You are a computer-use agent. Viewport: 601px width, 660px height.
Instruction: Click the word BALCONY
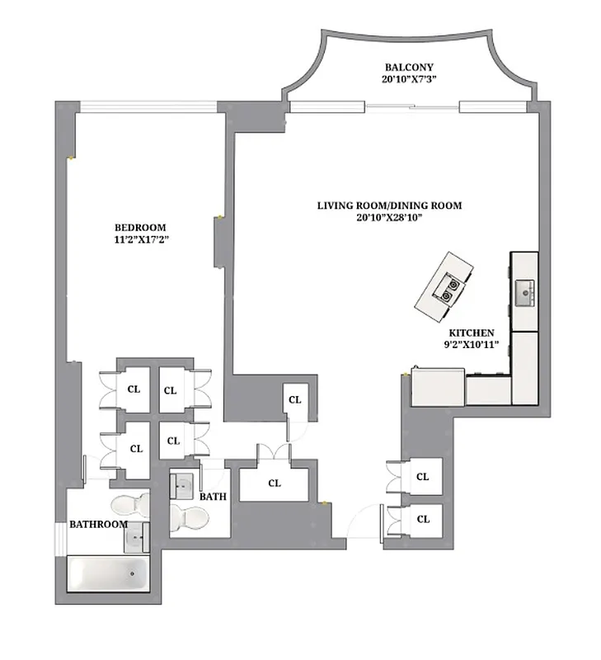pyautogui.click(x=408, y=67)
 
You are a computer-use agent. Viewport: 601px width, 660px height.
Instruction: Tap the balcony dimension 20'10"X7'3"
pyautogui.click(x=408, y=80)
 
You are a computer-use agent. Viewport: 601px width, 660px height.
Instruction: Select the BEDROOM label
pyautogui.click(x=139, y=228)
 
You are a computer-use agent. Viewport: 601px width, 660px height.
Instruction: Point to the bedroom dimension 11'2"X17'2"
pyautogui.click(x=139, y=240)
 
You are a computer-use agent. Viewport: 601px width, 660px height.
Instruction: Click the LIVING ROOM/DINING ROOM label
pyautogui.click(x=390, y=205)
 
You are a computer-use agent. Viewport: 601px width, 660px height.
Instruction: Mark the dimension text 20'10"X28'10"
pyautogui.click(x=390, y=218)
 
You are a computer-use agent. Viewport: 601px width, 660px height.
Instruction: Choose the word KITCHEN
pyautogui.click(x=471, y=332)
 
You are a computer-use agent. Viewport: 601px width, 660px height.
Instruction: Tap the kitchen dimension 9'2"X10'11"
pyautogui.click(x=471, y=346)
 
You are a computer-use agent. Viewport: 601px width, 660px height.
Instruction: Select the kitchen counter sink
pyautogui.click(x=524, y=291)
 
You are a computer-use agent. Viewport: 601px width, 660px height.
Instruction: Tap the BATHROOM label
pyautogui.click(x=97, y=524)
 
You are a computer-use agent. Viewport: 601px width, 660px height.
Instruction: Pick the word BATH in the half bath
pyautogui.click(x=213, y=497)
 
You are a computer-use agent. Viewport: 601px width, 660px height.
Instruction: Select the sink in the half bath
pyautogui.click(x=183, y=487)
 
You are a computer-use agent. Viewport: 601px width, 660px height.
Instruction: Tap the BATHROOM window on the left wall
pyautogui.click(x=59, y=538)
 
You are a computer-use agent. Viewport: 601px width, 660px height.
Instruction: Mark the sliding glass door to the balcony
pyautogui.click(x=411, y=106)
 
